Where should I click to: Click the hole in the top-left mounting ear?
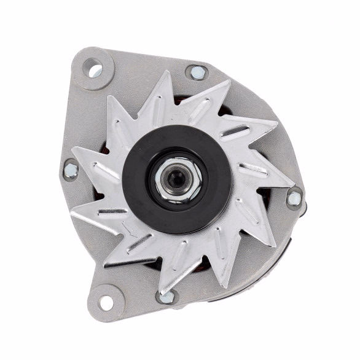coord(95,69)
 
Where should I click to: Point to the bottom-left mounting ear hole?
coord(106,302)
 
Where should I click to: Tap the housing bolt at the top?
coord(197,72)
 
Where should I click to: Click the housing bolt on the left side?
coord(71,169)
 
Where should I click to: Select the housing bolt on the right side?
coord(295,198)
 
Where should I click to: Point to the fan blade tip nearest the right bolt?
coord(292,184)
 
